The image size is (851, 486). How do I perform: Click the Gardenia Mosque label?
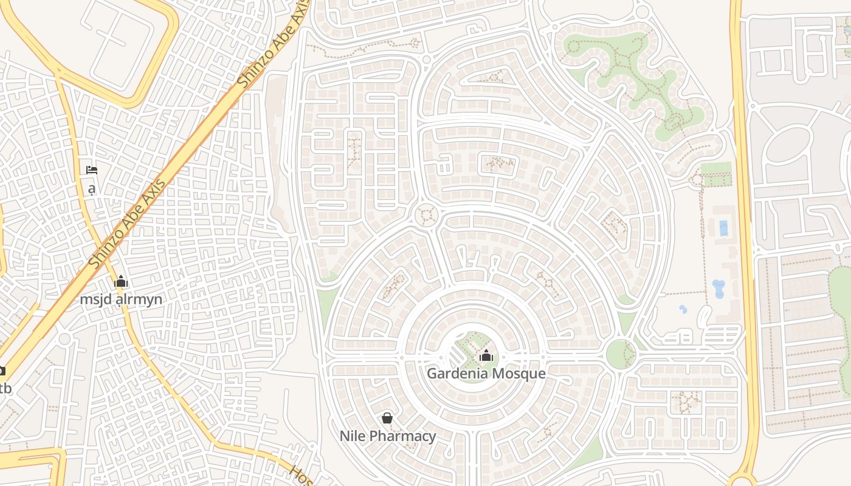486,373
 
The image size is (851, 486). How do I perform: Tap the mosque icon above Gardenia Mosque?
486,355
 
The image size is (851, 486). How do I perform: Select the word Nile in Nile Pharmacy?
353,436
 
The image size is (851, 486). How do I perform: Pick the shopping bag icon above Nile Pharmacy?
387,418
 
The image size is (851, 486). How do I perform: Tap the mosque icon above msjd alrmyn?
121,282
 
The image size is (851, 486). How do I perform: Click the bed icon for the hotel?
92,170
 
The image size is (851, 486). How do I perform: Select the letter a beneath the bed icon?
92,188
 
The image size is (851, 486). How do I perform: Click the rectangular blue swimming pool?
723,228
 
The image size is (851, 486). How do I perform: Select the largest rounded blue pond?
718,288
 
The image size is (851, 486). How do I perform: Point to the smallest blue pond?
683,309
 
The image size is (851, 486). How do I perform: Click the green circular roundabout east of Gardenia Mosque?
620,354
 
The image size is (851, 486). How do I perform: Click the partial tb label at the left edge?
5,388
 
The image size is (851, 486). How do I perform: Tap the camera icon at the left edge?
2,371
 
